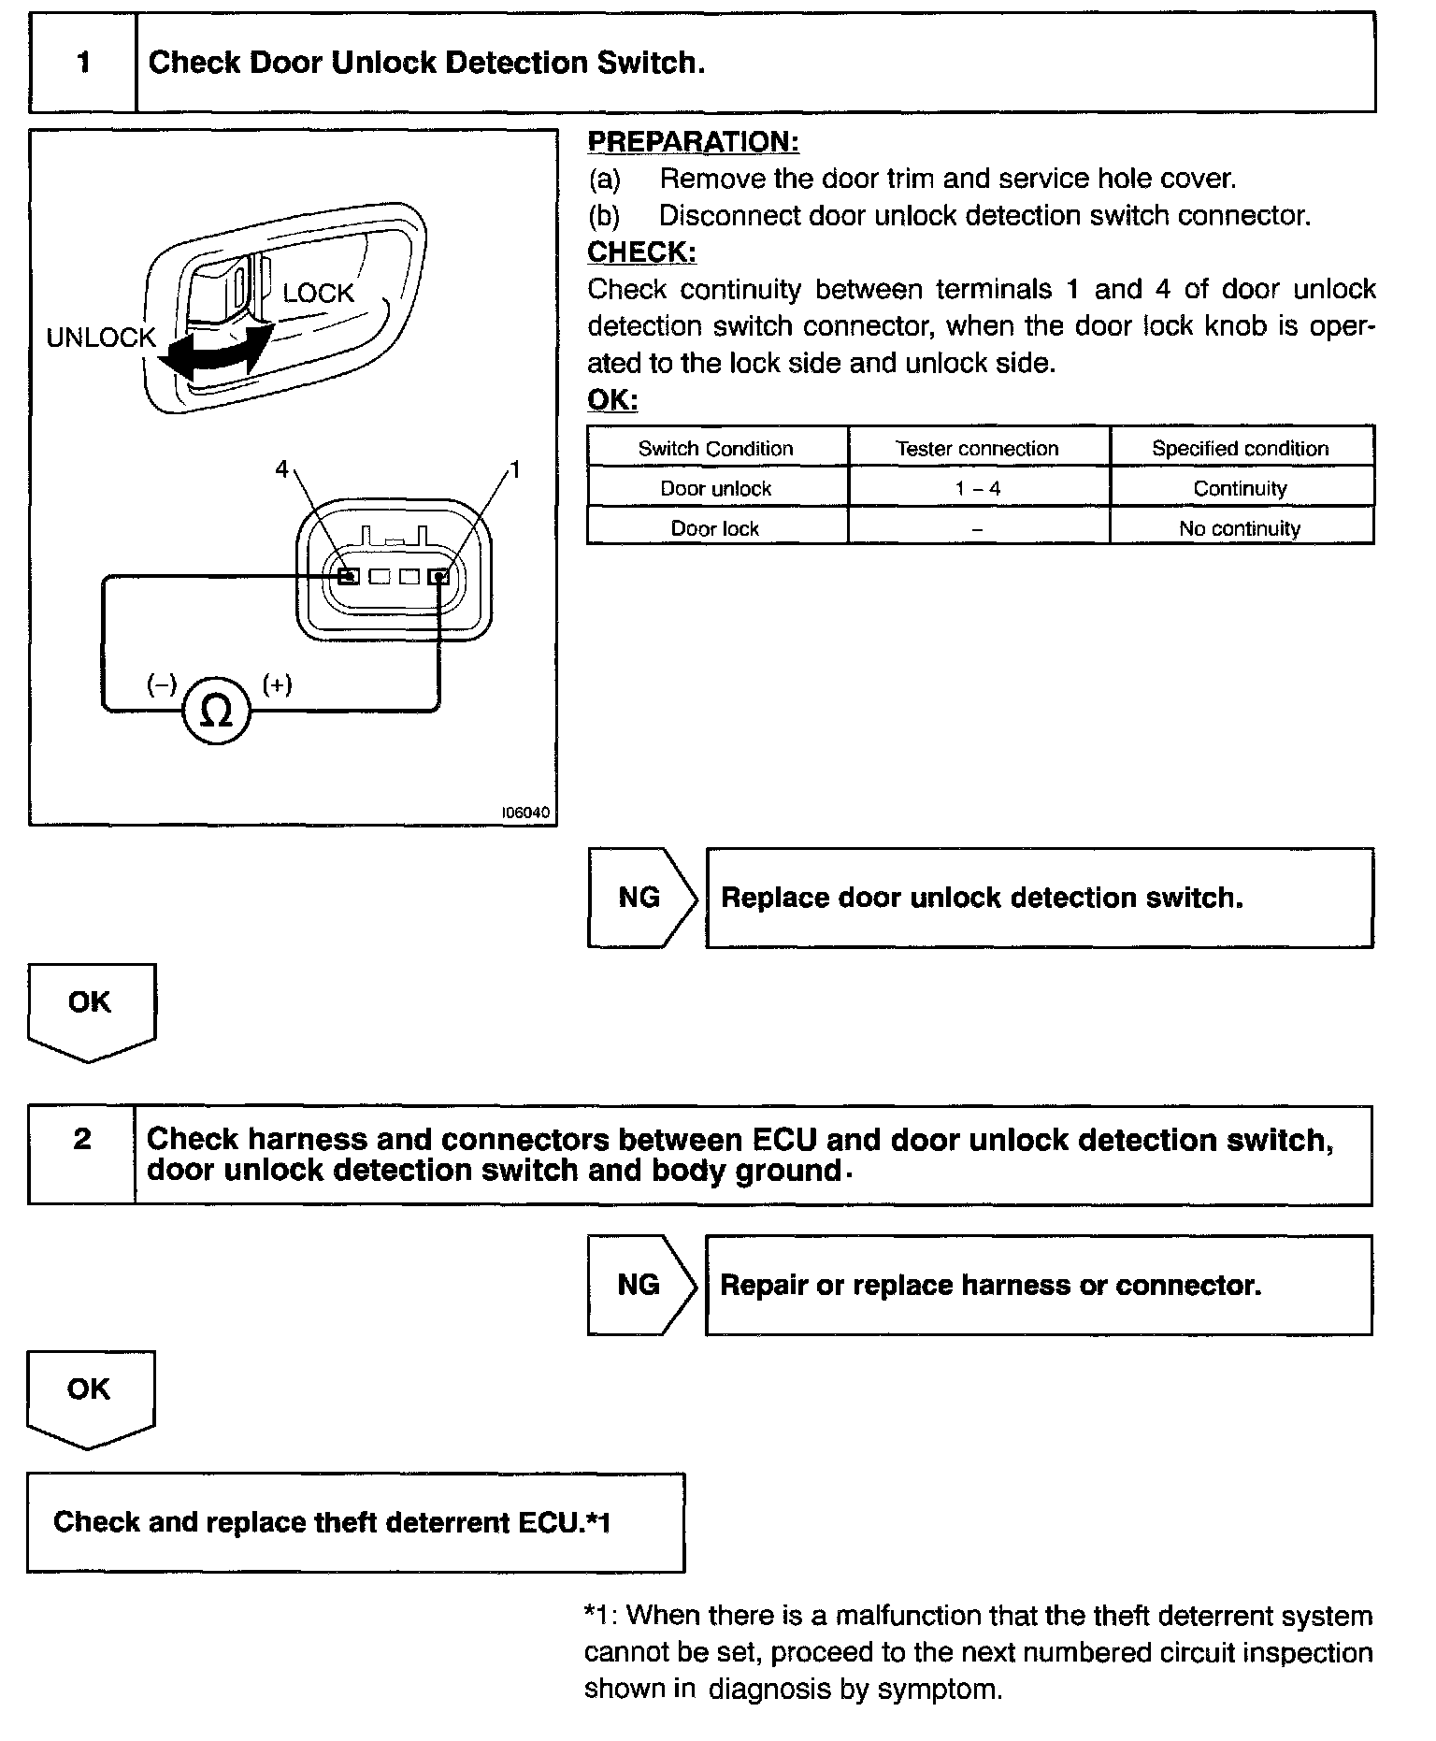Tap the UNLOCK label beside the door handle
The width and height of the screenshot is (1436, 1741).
[x=100, y=338]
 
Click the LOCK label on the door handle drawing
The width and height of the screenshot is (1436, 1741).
[x=318, y=294]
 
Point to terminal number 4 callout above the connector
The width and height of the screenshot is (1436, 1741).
[x=282, y=469]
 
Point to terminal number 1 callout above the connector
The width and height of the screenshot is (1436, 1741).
[x=515, y=469]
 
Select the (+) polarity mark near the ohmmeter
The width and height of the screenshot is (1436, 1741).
[x=277, y=685]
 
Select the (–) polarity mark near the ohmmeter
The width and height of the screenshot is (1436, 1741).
[x=161, y=685]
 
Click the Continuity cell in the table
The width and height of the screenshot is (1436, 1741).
[x=1240, y=488]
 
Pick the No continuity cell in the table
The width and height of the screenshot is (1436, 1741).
[x=1240, y=528]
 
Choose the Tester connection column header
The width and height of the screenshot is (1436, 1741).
[x=977, y=448]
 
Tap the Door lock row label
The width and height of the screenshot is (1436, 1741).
[x=715, y=528]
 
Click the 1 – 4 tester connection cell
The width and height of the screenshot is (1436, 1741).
[x=977, y=488]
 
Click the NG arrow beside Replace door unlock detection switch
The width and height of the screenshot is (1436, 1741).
[x=641, y=898]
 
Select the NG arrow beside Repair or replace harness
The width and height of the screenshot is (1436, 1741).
[x=640, y=1285]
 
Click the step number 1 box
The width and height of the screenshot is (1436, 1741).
[x=84, y=63]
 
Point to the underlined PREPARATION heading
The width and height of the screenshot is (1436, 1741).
[x=693, y=142]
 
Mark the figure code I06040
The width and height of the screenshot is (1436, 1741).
[x=525, y=813]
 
